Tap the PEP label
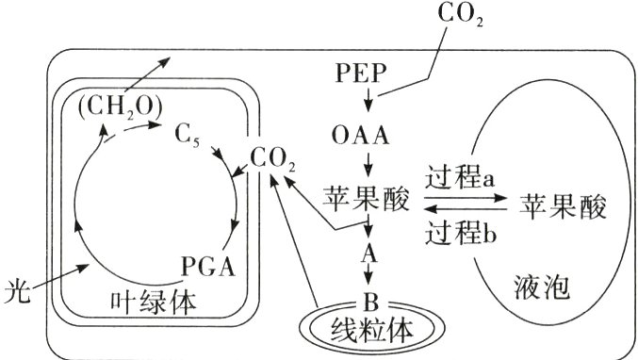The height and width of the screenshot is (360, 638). [x=361, y=72]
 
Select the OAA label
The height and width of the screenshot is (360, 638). [x=361, y=136]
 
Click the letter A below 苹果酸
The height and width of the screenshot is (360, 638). [x=369, y=253]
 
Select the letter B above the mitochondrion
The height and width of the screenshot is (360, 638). [x=369, y=303]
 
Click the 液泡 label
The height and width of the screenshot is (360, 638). [x=544, y=284]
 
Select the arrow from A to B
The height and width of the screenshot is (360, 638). [x=369, y=277]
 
